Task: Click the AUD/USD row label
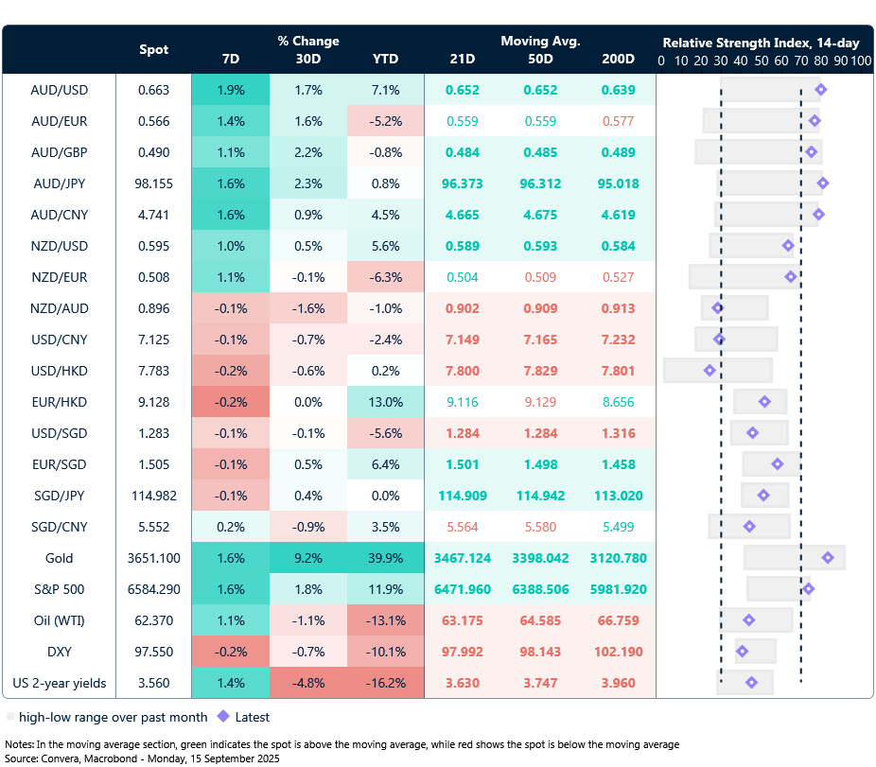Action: [59, 90]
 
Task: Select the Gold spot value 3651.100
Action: [154, 558]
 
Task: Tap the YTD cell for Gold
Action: [385, 558]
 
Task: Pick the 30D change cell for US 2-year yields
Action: [308, 683]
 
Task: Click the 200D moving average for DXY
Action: [618, 652]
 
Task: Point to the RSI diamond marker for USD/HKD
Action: [710, 371]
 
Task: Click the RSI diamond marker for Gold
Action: [828, 558]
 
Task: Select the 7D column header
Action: [230, 59]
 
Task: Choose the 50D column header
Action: [539, 59]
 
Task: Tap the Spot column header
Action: [154, 49]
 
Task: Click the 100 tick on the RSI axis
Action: [860, 61]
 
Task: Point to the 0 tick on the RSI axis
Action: [661, 61]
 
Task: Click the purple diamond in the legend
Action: [223, 717]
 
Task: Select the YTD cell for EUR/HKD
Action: [385, 402]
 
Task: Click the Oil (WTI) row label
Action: [59, 620]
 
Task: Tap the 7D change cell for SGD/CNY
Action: [230, 527]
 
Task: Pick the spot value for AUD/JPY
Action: [154, 183]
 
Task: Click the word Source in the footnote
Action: [25, 758]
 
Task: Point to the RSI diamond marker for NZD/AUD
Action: [718, 308]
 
